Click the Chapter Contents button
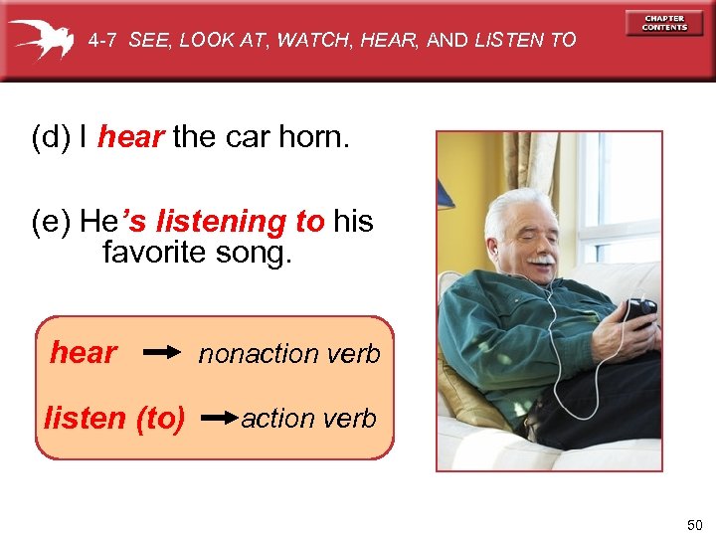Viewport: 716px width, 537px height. point(664,23)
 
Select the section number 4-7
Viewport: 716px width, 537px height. point(103,41)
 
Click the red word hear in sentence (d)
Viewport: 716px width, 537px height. point(130,137)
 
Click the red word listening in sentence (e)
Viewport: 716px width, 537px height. point(221,221)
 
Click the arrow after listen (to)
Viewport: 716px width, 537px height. point(218,419)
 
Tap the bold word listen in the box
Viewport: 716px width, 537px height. point(86,419)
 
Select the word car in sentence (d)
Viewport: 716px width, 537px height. point(235,137)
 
